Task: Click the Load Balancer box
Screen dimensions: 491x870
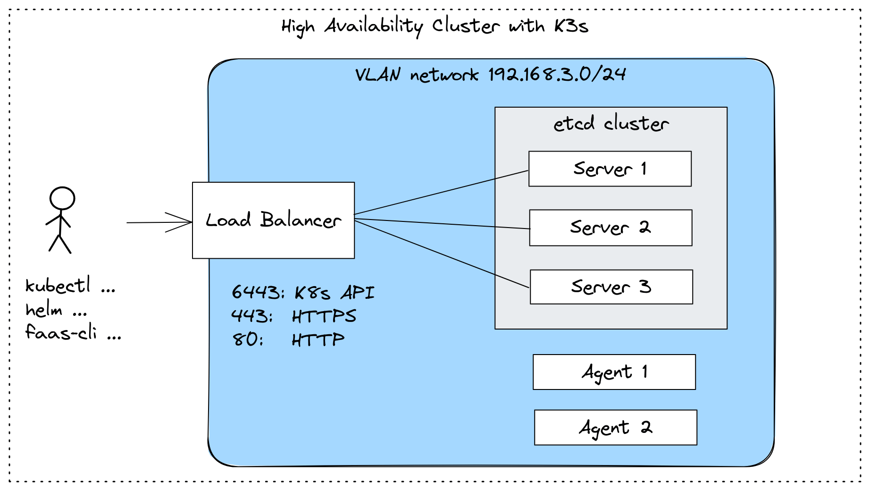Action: coord(273,220)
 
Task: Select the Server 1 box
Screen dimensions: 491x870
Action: coord(610,169)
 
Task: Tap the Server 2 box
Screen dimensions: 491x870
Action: coord(611,228)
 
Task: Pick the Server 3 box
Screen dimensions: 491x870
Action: coord(611,287)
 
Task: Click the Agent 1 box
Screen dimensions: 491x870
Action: coord(614,372)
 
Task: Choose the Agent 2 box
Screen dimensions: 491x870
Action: coord(615,427)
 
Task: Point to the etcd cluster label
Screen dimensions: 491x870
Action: coord(611,124)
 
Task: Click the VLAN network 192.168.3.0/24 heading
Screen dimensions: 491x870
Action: coord(490,75)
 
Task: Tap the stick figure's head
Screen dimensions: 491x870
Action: coord(62,198)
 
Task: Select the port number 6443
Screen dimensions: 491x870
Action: coord(255,292)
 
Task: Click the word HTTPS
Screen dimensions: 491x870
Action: coord(324,316)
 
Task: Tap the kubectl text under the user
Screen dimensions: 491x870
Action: coord(58,286)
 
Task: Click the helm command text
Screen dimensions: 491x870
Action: coord(44,310)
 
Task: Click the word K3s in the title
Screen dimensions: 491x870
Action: coord(571,26)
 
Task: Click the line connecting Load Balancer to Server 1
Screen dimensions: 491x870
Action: coord(441,193)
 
